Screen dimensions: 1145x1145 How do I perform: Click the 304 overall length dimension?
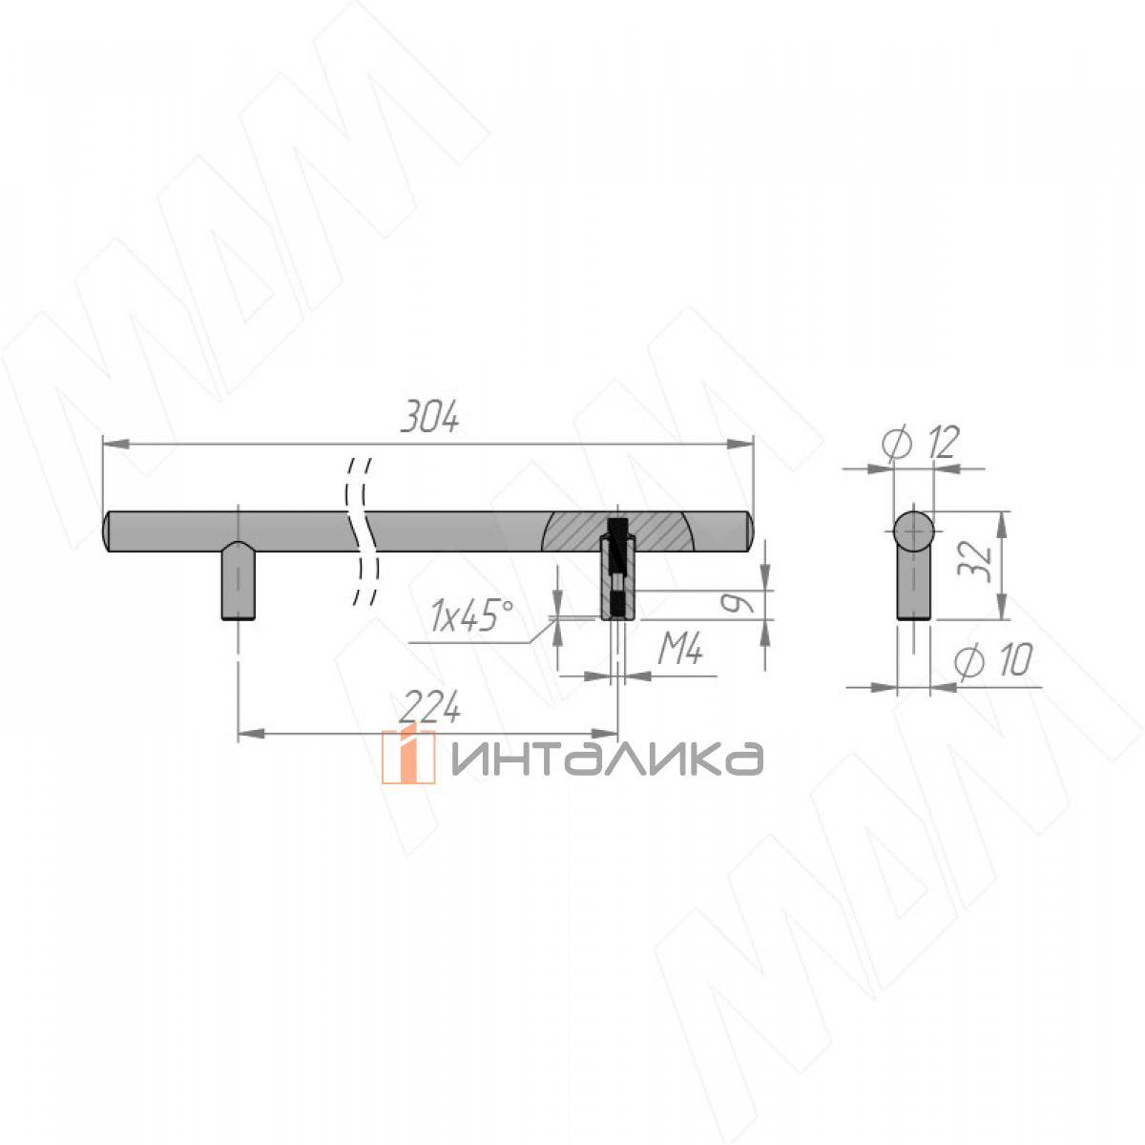pyautogui.click(x=429, y=416)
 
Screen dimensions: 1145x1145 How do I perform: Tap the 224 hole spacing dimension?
pyautogui.click(x=430, y=707)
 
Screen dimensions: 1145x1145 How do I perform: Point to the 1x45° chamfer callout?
pyautogui.click(x=472, y=615)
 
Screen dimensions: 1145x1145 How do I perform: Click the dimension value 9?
pyautogui.click(x=737, y=604)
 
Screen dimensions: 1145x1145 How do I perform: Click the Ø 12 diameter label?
pyautogui.click(x=920, y=443)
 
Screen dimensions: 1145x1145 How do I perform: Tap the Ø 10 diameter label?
pyautogui.click(x=993, y=659)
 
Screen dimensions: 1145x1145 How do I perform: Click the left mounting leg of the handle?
pyautogui.click(x=239, y=580)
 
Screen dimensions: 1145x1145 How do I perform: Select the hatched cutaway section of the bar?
pyautogui.click(x=618, y=531)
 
